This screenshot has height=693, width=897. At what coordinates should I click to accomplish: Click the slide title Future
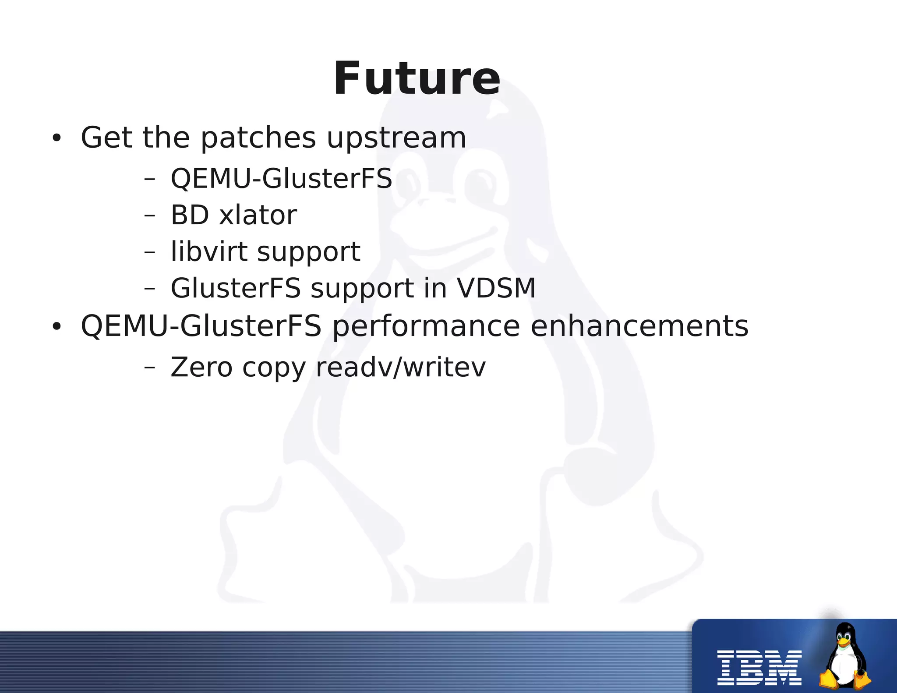(417, 79)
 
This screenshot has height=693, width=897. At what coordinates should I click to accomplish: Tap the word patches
(258, 138)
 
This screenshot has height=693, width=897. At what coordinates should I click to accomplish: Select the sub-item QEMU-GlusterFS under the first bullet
(281, 179)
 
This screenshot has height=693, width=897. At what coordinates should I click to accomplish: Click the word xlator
(258, 215)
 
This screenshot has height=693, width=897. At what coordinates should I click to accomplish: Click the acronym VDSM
(496, 288)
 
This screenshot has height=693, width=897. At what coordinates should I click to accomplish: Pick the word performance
(426, 326)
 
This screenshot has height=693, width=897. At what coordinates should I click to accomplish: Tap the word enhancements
(639, 326)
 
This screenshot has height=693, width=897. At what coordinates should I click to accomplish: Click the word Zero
(201, 367)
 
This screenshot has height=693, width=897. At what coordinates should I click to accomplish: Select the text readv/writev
(401, 367)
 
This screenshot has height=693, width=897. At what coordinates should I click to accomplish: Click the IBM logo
(759, 668)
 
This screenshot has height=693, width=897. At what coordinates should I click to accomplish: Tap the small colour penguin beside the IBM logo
(845, 657)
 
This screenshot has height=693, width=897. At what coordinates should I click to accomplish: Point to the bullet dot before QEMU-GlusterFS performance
(57, 327)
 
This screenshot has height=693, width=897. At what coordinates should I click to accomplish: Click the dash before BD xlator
(149, 216)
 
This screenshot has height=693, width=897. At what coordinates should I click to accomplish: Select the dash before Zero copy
(149, 367)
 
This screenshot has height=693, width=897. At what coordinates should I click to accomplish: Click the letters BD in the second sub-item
(190, 215)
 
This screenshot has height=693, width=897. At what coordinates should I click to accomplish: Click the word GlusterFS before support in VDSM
(236, 288)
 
